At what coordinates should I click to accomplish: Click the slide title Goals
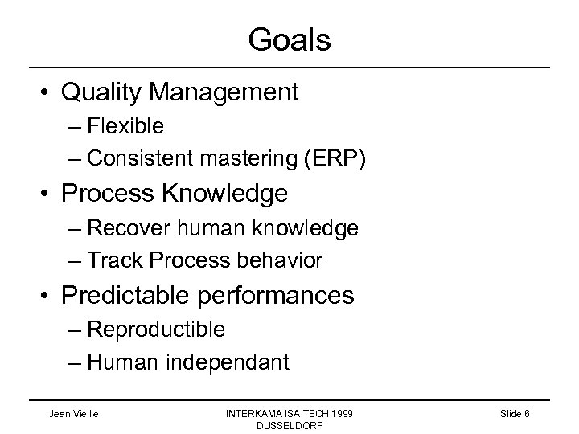[289, 39]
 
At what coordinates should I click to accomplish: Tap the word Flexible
[125, 126]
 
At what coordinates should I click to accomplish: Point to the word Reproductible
[156, 330]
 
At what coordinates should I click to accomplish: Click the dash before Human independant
[76, 363]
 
